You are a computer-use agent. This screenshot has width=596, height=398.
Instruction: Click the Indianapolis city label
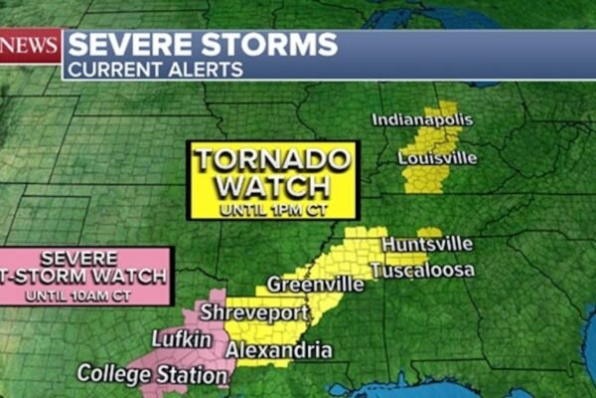tap(422, 120)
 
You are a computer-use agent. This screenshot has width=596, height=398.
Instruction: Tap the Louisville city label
tap(437, 158)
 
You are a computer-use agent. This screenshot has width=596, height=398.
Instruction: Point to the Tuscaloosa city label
tap(422, 271)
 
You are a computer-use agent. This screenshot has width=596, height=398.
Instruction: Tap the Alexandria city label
tap(279, 350)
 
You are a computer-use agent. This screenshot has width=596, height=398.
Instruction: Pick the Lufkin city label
tap(182, 340)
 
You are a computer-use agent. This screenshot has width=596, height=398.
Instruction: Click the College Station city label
tap(152, 375)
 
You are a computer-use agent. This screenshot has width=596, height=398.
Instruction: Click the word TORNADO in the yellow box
tap(271, 160)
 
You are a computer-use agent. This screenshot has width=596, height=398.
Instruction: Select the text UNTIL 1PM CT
tap(271, 209)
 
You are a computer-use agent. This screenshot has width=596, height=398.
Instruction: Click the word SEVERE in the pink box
tap(99, 258)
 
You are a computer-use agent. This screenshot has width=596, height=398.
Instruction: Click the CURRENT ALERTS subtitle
tap(155, 70)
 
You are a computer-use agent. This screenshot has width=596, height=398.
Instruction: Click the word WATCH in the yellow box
tap(271, 186)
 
